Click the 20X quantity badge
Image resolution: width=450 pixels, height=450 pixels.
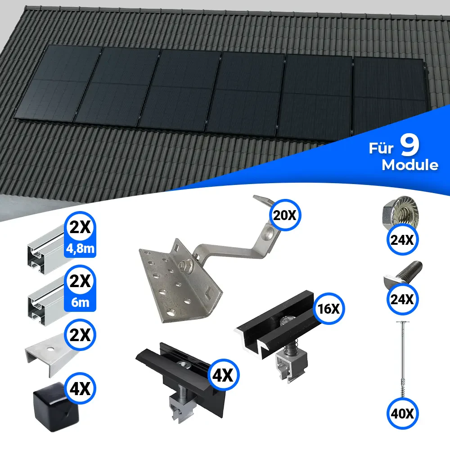tap(285, 215)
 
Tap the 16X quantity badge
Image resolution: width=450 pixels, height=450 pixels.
tap(328, 309)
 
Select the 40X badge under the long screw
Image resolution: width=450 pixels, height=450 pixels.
tap(402, 414)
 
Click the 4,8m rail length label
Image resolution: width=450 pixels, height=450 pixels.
tap(80, 248)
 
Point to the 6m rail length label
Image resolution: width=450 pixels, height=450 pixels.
tap(80, 302)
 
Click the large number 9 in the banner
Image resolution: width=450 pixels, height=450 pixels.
tap(410, 145)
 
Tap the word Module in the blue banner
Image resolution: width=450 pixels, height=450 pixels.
tap(410, 165)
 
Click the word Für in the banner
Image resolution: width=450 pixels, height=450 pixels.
tap(381, 148)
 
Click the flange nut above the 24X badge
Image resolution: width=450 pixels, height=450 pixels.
tap(401, 212)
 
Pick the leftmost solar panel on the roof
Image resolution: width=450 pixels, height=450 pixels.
tap(58, 83)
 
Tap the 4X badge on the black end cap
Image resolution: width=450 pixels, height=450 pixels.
tap(80, 388)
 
